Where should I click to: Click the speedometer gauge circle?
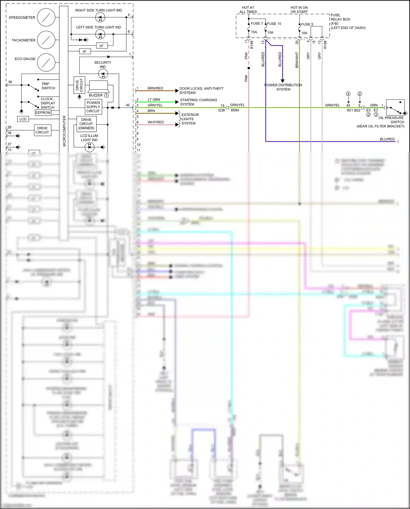(x=46, y=17)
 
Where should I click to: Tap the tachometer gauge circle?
(x=46, y=40)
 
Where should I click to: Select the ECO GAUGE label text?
(x=25, y=59)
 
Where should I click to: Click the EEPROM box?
(x=43, y=113)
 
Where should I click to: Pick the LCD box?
(x=23, y=119)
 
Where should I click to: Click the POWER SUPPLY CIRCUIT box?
(x=93, y=107)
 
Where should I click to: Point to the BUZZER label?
(x=96, y=95)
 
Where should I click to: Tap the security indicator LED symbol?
(x=103, y=74)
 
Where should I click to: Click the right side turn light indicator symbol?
(x=100, y=18)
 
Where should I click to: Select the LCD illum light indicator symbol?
(x=89, y=147)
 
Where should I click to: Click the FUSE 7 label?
(x=257, y=24)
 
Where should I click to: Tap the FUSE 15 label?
(x=274, y=24)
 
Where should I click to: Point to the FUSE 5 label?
(x=307, y=24)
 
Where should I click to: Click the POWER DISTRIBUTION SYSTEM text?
(x=283, y=87)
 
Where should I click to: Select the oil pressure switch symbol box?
(x=395, y=108)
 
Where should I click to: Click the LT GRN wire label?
(x=154, y=100)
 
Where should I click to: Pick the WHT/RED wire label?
(x=156, y=122)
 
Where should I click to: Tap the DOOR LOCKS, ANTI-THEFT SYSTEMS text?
(x=201, y=91)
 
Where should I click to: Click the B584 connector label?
(x=235, y=110)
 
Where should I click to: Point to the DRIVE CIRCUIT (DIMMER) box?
(x=86, y=124)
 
